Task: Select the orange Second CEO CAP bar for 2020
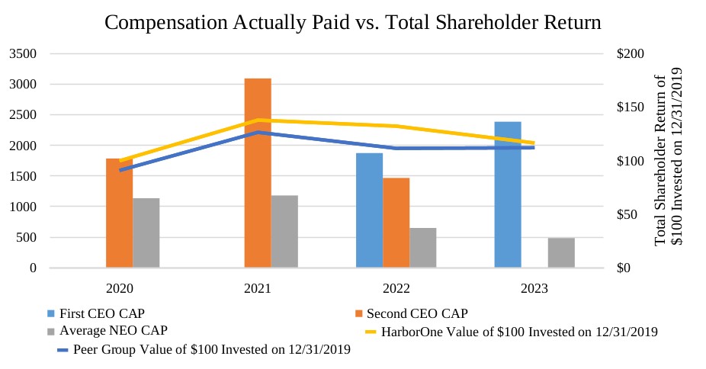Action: (119, 213)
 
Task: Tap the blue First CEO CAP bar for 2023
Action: (508, 194)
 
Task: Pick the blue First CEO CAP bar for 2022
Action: (370, 210)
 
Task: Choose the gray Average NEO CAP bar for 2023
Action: (561, 253)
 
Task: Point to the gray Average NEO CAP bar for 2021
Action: (284, 232)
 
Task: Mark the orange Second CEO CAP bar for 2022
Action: (396, 223)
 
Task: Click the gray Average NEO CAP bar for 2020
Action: (146, 233)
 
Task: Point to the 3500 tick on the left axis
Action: (23, 54)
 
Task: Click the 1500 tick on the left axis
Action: (23, 176)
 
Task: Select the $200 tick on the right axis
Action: (631, 54)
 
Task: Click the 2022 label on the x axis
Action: (396, 289)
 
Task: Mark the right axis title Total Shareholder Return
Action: (667, 157)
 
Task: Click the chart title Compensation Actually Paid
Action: (352, 23)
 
